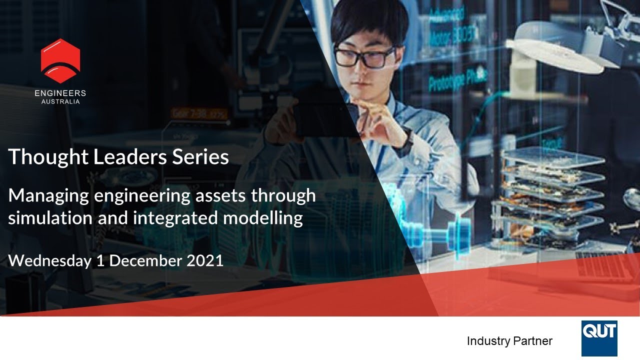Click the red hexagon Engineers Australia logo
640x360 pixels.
click(60, 60)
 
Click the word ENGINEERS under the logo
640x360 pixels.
click(60, 93)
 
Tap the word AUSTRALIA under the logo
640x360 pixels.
click(60, 101)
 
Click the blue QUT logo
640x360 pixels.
click(599, 338)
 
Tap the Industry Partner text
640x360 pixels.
click(509, 341)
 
